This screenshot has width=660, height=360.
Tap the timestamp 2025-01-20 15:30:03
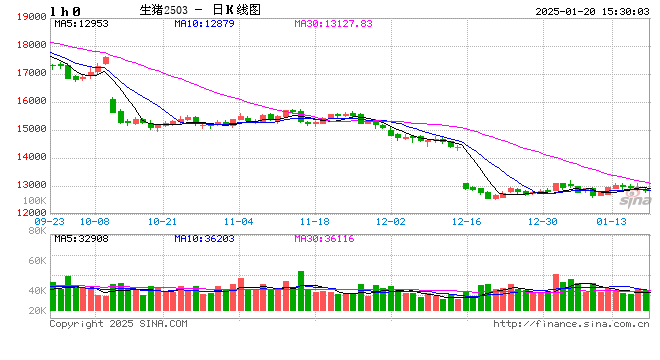click(x=589, y=9)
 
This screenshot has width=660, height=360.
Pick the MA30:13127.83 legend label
click(x=339, y=23)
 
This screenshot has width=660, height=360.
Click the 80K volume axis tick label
click(x=37, y=231)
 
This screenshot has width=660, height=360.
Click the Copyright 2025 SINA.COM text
click(x=118, y=323)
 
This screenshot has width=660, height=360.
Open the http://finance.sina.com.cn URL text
click(x=571, y=323)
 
